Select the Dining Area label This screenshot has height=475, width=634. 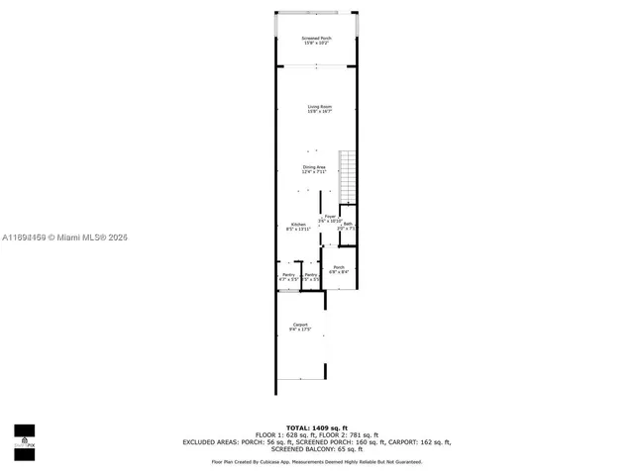(314, 169)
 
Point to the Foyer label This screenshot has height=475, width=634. (329, 218)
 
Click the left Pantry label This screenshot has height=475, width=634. (288, 276)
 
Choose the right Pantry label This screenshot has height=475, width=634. (310, 276)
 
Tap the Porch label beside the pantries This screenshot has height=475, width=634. (338, 269)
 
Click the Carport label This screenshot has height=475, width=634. (299, 327)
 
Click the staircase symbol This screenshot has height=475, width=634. (347, 174)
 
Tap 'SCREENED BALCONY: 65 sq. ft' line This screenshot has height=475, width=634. (316, 449)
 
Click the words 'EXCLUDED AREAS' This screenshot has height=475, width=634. (207, 442)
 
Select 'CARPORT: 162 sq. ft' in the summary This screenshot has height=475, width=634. (417, 442)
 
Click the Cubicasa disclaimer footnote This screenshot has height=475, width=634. (316, 462)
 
